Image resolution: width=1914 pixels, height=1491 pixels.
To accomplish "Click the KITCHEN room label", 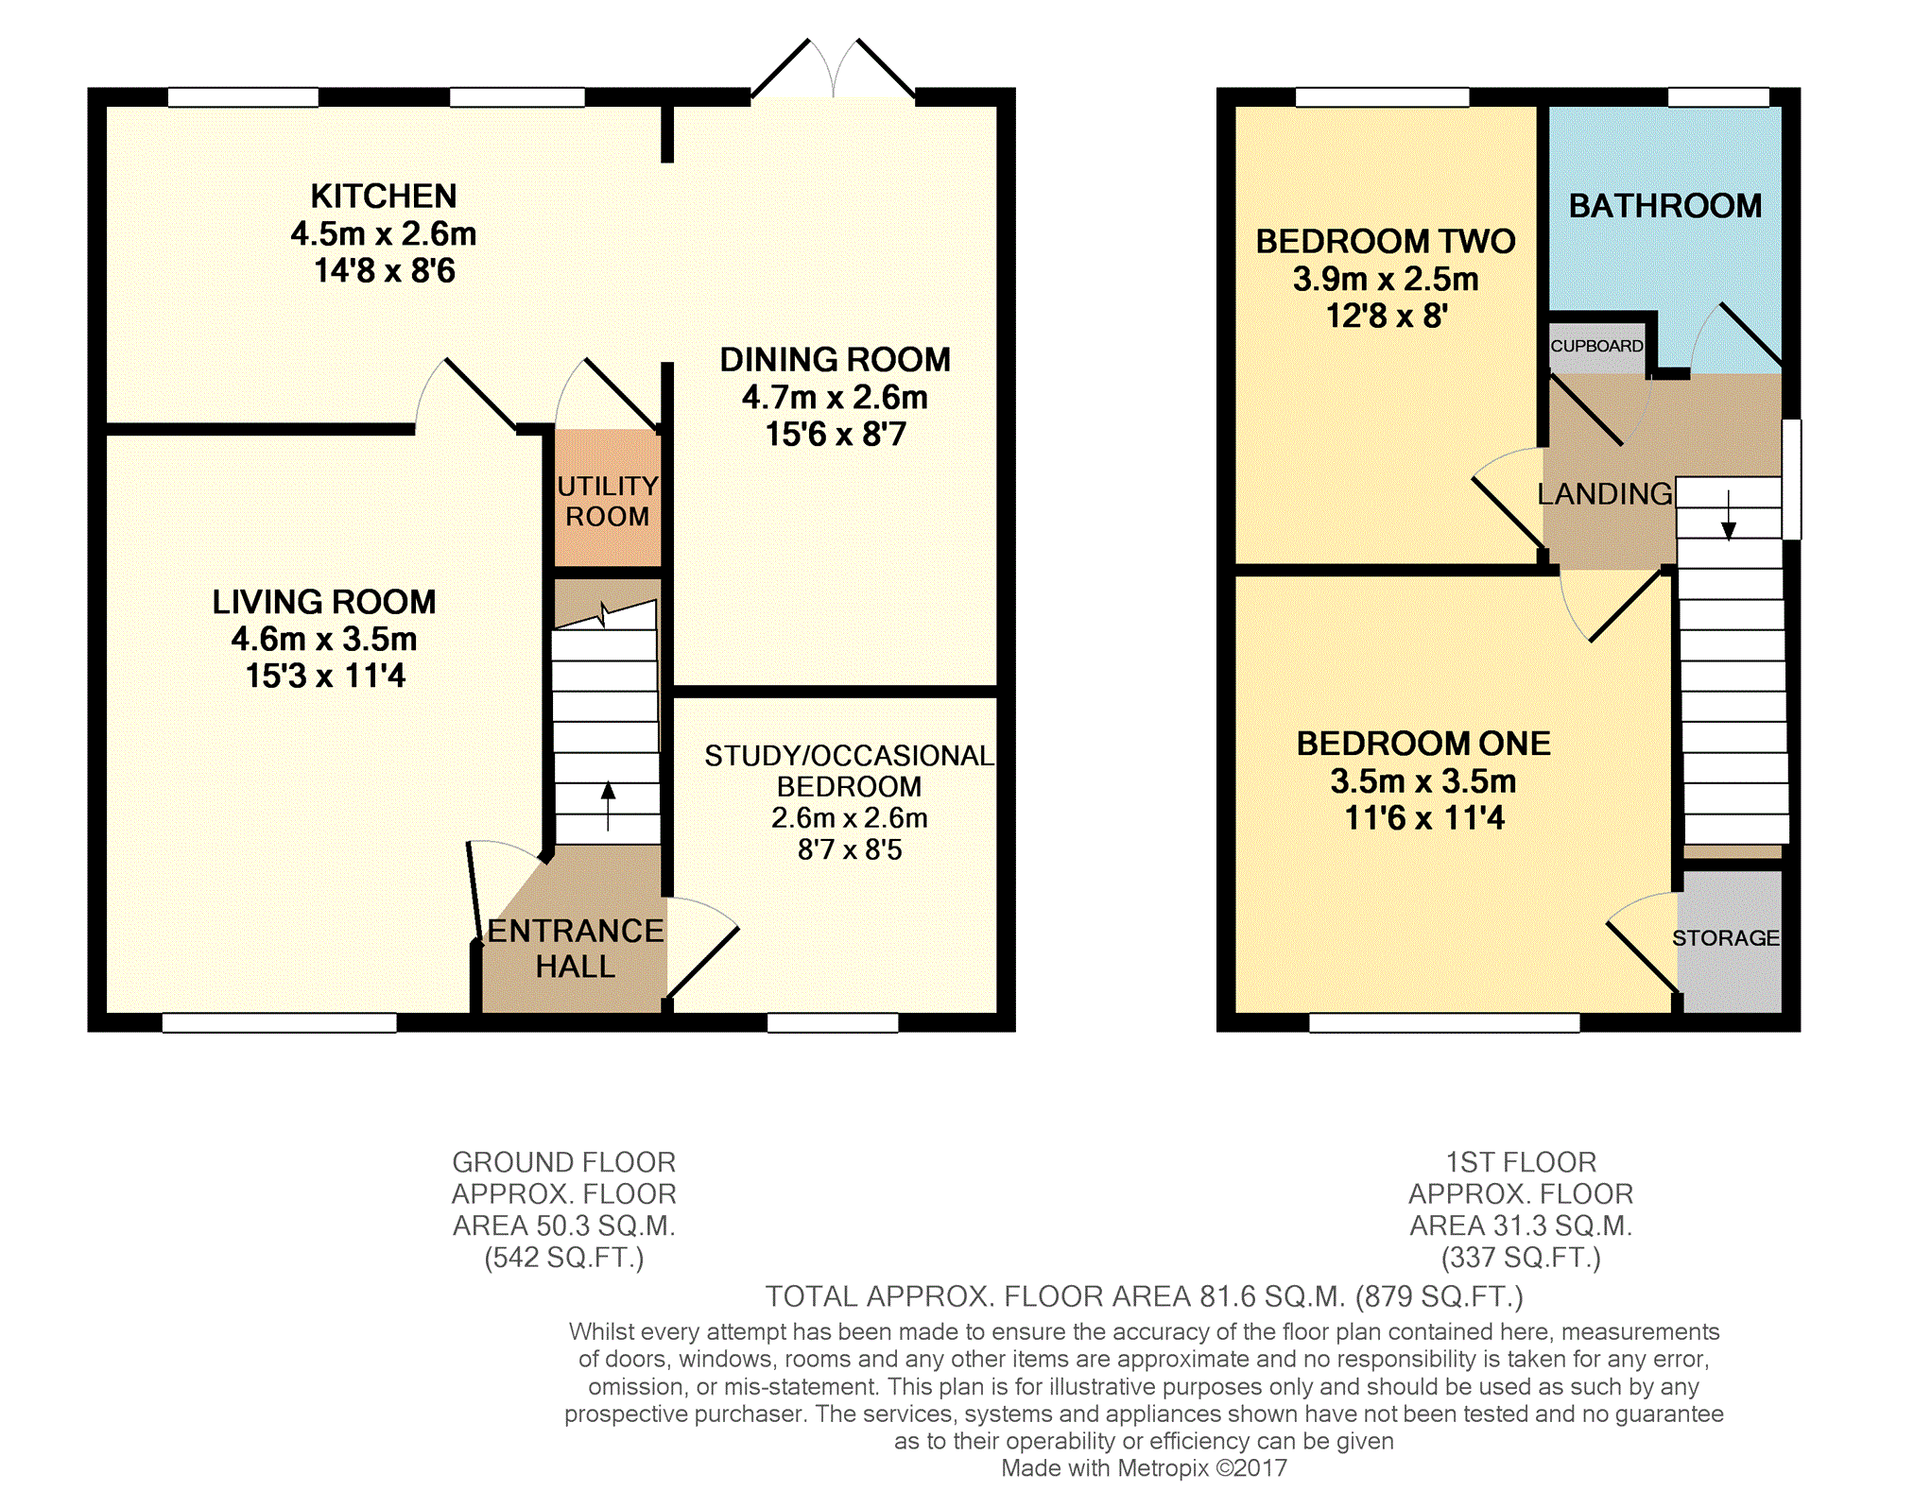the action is pyautogui.click(x=384, y=197).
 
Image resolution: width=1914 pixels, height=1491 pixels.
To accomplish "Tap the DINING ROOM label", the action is pyautogui.click(x=836, y=360).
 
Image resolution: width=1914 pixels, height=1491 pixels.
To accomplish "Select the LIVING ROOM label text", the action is pyautogui.click(x=324, y=602).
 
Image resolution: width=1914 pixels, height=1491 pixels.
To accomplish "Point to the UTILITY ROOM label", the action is pyautogui.click(x=607, y=501).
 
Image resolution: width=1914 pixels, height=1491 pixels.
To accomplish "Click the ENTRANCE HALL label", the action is pyautogui.click(x=575, y=949).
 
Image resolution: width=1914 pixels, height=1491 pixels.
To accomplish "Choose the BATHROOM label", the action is pyautogui.click(x=1665, y=206).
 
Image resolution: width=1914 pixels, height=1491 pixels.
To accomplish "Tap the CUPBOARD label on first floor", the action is pyautogui.click(x=1596, y=346).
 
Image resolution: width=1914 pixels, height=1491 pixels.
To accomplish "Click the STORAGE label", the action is pyautogui.click(x=1726, y=938).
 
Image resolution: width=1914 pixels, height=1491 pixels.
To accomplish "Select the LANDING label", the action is pyautogui.click(x=1605, y=493).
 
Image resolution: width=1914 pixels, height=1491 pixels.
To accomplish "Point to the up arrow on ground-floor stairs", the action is pyautogui.click(x=608, y=806).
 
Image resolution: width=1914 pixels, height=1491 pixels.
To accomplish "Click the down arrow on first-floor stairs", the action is pyautogui.click(x=1729, y=515).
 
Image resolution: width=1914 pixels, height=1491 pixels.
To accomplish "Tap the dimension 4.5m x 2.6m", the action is pyautogui.click(x=384, y=233).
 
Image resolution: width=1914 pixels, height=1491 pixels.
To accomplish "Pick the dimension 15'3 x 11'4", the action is pyautogui.click(x=325, y=677).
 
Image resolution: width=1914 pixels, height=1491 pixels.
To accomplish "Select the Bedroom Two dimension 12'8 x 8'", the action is pyautogui.click(x=1387, y=316).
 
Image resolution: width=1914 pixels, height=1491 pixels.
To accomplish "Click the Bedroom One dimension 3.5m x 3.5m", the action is pyautogui.click(x=1423, y=781).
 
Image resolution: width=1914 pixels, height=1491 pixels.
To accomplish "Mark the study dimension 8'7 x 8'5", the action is pyautogui.click(x=850, y=849).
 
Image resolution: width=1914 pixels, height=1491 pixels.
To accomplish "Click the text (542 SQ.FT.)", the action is pyautogui.click(x=564, y=1258).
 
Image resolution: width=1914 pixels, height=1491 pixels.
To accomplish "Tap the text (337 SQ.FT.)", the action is pyautogui.click(x=1521, y=1258).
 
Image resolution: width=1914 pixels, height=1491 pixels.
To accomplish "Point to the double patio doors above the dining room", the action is pyautogui.click(x=834, y=69).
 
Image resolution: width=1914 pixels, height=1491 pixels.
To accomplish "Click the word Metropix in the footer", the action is pyautogui.click(x=1164, y=1468).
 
